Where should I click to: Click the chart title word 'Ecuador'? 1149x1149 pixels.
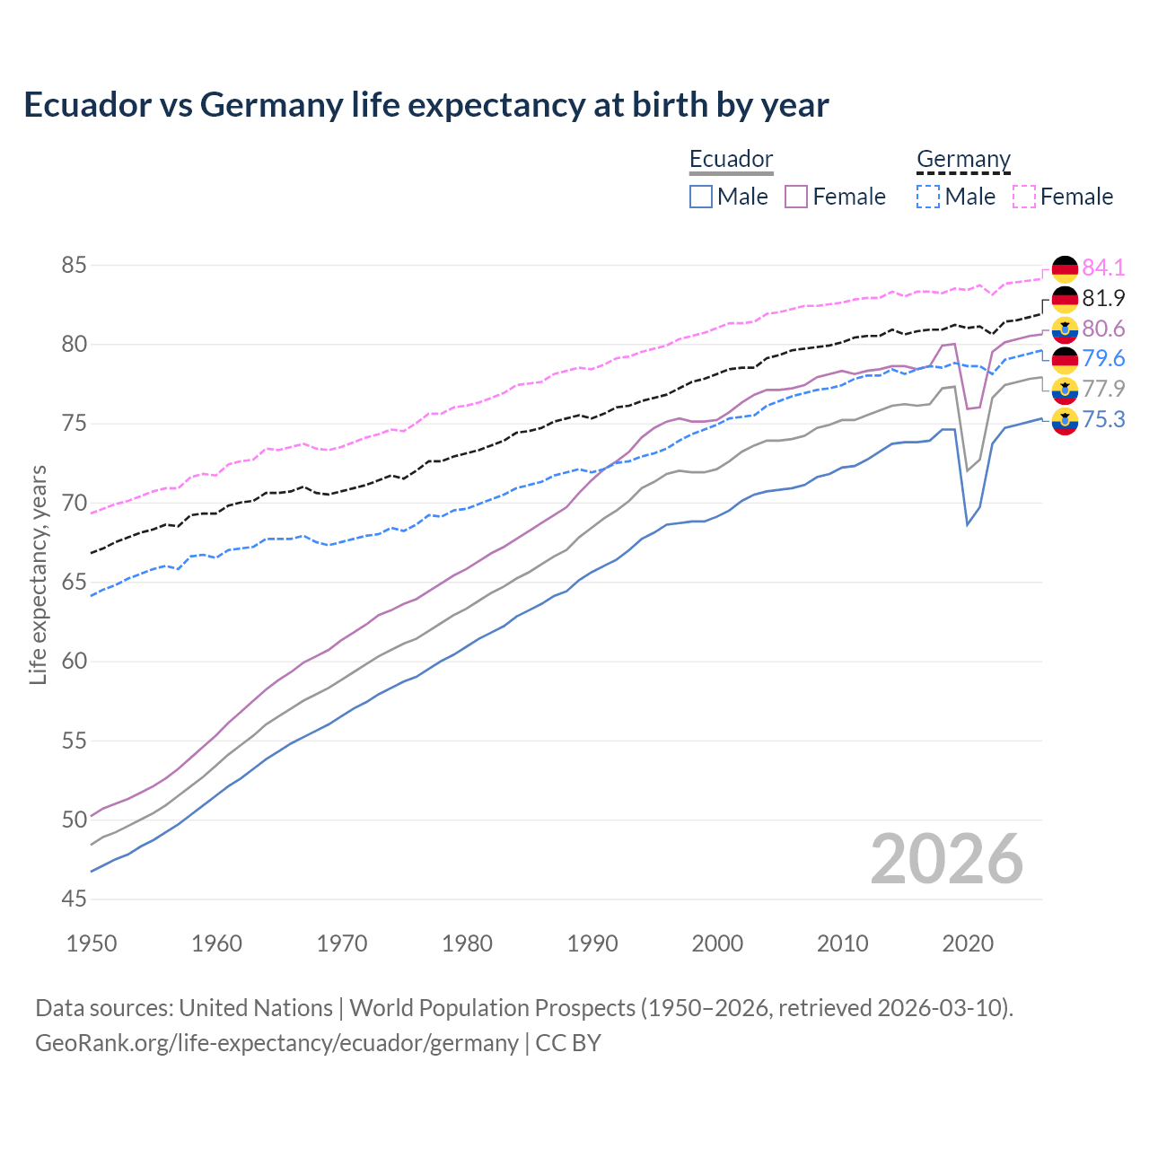click(87, 105)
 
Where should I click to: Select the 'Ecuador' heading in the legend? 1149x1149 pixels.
click(731, 159)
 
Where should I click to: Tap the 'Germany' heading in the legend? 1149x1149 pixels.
click(963, 159)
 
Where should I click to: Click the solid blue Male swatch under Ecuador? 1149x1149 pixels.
click(701, 197)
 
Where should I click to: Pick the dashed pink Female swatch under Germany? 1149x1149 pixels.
click(1024, 197)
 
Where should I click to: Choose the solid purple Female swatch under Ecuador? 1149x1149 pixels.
click(796, 197)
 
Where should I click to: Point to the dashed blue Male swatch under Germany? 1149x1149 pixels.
click(928, 197)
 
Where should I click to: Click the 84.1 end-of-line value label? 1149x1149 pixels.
click(1103, 268)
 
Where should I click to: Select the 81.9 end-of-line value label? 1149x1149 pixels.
click(1103, 298)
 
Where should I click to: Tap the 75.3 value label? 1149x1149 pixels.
click(1103, 420)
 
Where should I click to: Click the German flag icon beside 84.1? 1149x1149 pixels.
click(1065, 268)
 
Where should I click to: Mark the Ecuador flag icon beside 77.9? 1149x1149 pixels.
click(1065, 390)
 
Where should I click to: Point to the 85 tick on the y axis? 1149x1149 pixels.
click(74, 266)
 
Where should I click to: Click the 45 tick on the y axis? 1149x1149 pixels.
click(74, 899)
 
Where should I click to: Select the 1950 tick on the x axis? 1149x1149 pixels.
click(92, 943)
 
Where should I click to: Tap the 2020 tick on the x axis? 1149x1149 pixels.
click(968, 943)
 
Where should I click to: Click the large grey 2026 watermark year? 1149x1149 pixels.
click(946, 859)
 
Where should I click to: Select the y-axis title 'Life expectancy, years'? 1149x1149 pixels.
click(38, 574)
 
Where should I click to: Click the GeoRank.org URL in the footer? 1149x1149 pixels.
click(276, 1043)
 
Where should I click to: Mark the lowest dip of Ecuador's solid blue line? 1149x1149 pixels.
click(967, 524)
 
